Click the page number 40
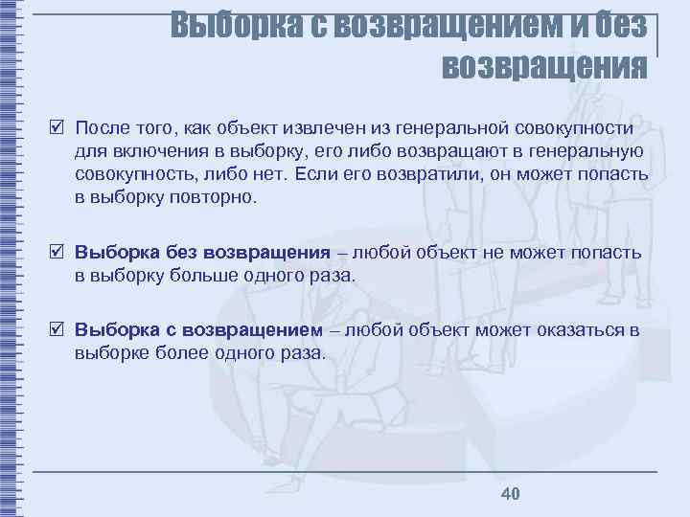[510, 493]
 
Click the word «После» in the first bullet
[103, 128]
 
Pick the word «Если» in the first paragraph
[314, 175]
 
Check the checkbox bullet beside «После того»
[58, 128]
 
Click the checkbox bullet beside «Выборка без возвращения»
[58, 253]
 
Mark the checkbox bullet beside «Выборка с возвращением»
[58, 330]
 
